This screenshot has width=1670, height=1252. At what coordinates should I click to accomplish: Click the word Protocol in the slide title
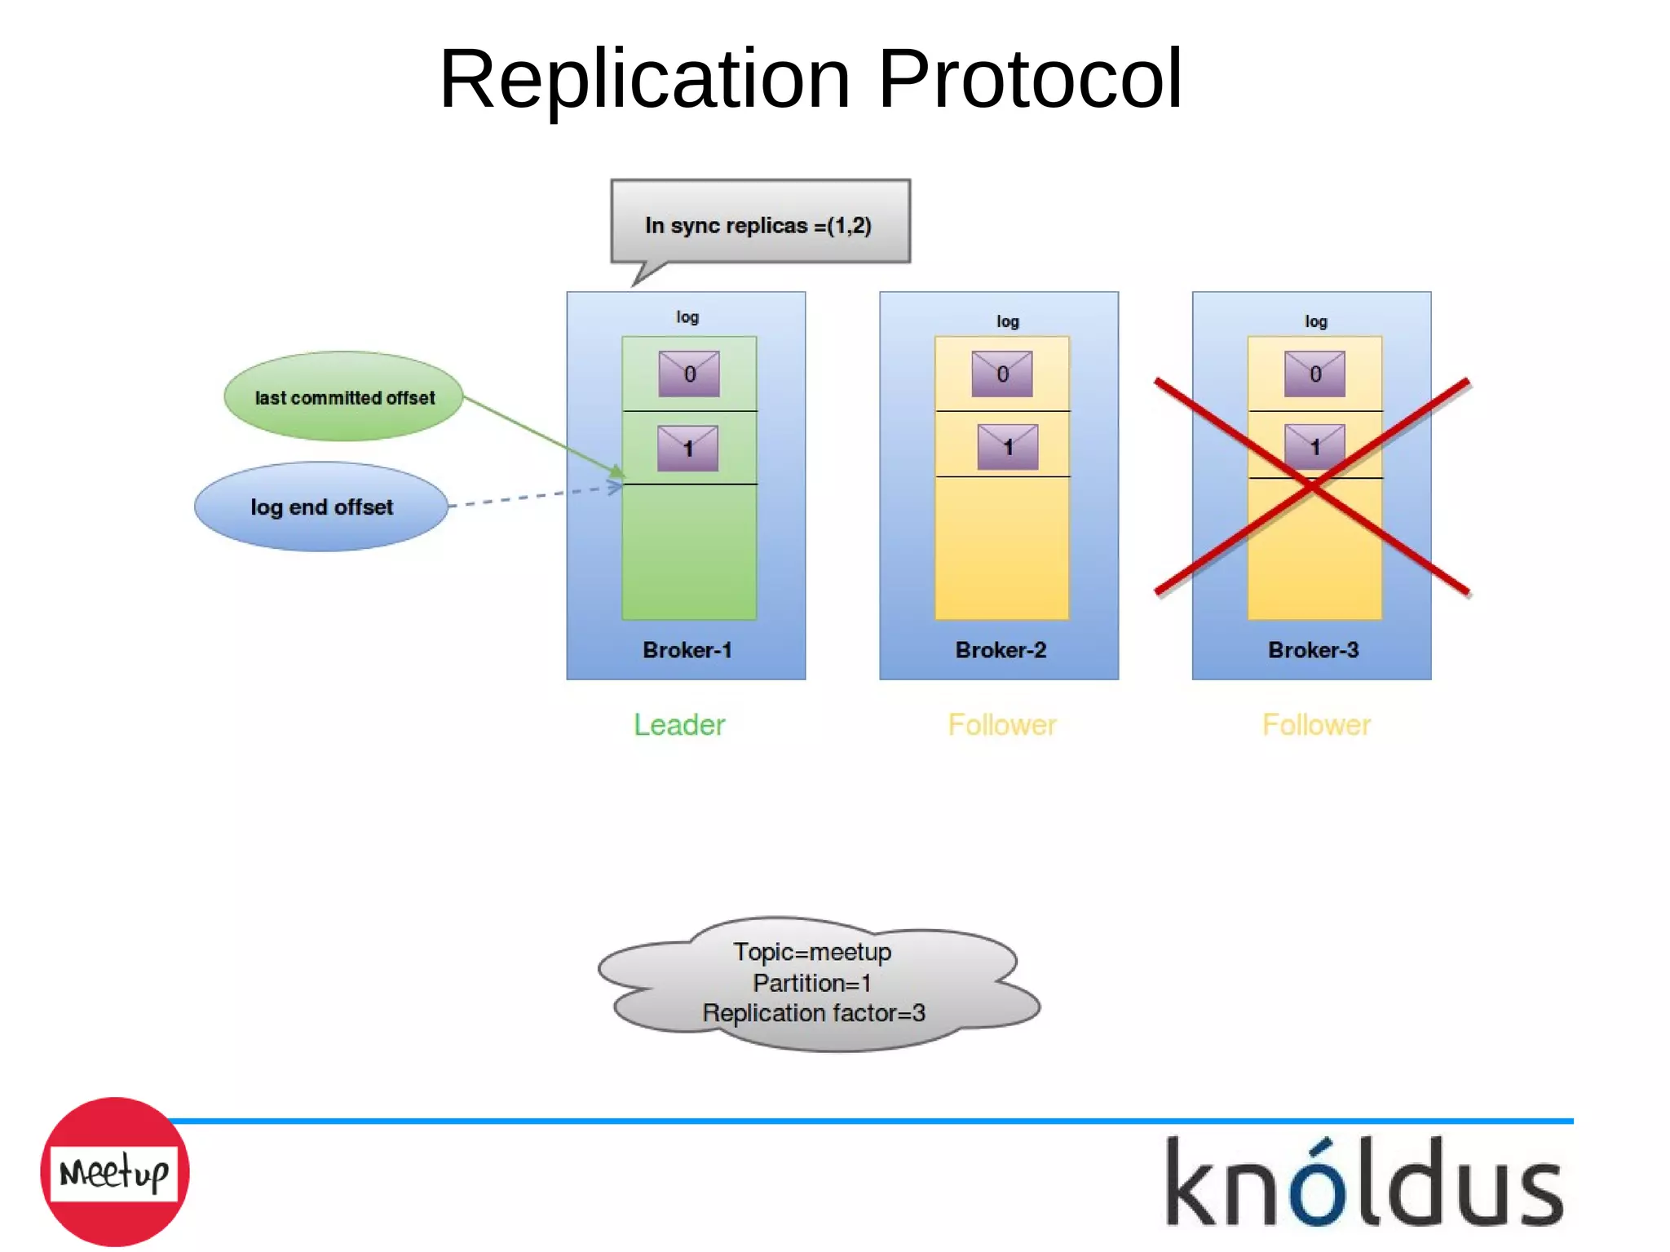[x=1029, y=79]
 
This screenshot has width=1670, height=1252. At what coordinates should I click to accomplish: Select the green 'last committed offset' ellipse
[x=343, y=397]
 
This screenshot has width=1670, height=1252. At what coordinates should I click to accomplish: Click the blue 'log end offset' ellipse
[x=321, y=507]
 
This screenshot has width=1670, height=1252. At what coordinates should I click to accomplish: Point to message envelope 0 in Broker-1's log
[x=689, y=374]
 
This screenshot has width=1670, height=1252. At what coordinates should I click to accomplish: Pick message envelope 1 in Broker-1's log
[x=688, y=448]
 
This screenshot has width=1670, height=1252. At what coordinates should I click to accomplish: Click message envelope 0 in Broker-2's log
[x=1002, y=374]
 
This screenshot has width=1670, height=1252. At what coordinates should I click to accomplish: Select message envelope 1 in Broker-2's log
[x=1008, y=447]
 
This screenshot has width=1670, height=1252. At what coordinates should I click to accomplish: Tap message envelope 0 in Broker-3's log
[x=1314, y=374]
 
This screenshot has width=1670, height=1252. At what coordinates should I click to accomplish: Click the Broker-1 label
[x=687, y=650]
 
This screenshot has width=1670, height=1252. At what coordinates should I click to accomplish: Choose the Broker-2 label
[x=1000, y=650]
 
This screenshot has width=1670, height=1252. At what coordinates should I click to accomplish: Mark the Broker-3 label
[x=1313, y=650]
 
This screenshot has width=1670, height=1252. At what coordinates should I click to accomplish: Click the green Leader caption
[x=679, y=725]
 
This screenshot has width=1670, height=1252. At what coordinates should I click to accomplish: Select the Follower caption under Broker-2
[x=1002, y=725]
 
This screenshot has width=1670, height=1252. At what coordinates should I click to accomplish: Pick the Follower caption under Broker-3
[x=1316, y=725]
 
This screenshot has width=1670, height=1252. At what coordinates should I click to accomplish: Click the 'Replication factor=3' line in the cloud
[x=813, y=1013]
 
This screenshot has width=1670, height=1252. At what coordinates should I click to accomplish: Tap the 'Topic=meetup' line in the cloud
[x=812, y=952]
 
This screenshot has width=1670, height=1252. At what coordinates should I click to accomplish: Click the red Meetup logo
[x=115, y=1172]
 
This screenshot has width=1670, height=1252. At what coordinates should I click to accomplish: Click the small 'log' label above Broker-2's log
[x=1008, y=321]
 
